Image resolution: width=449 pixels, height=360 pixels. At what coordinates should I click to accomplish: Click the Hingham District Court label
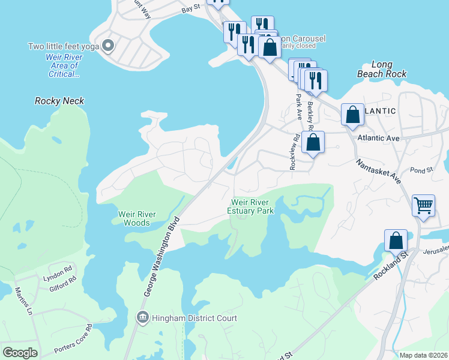[x=194, y=318]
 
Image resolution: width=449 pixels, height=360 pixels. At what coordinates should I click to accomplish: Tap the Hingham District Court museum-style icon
[x=143, y=318]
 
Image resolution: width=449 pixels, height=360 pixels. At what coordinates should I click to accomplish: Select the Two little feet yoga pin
[x=108, y=45]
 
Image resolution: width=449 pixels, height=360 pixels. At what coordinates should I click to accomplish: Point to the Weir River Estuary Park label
[x=251, y=206]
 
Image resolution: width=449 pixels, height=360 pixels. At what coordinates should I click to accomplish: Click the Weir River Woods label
[x=137, y=218]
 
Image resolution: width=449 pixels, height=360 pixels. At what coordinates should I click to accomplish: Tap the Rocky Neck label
[x=59, y=101]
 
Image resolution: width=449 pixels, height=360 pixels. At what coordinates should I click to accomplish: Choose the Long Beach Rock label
[x=382, y=69]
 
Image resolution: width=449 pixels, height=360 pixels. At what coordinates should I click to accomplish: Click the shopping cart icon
[x=423, y=206]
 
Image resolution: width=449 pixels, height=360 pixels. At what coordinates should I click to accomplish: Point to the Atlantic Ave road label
[x=378, y=138]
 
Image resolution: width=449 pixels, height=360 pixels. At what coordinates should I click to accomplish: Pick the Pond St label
[x=421, y=171]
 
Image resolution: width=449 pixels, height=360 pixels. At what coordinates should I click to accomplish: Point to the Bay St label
[x=190, y=10]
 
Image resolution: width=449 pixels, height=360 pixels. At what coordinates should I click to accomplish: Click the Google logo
[x=20, y=353]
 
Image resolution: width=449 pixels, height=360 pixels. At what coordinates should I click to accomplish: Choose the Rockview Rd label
[x=294, y=155]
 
